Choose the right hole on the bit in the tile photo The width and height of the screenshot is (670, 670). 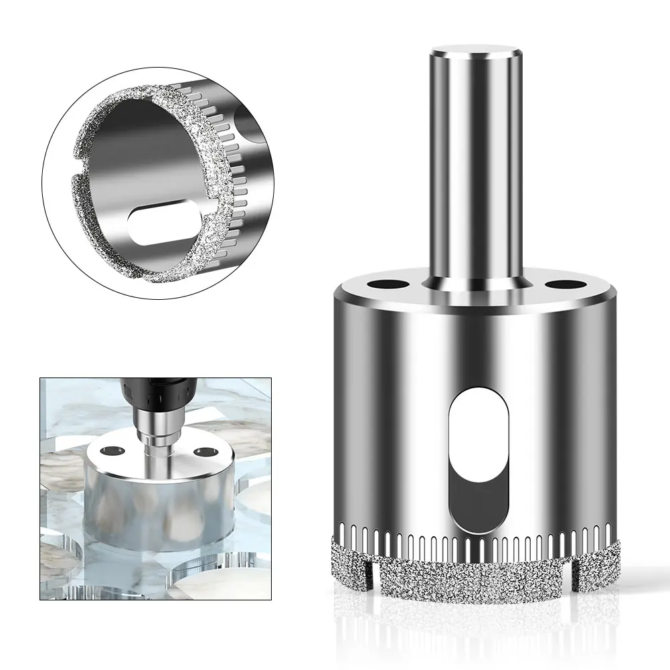199,453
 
